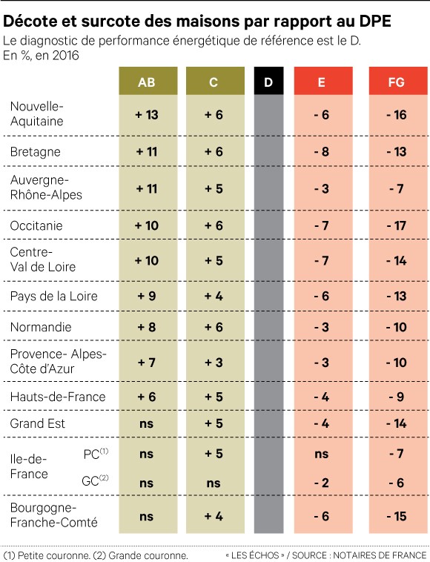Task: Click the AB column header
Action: coord(147,82)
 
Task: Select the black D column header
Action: coord(268,82)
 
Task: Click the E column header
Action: coord(320,82)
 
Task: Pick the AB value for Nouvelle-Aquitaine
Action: coord(147,115)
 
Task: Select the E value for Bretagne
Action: coord(320,151)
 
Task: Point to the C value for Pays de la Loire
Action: coord(214,297)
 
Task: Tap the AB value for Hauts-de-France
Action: coord(147,397)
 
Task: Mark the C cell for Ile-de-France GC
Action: coord(214,483)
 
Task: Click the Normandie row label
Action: coord(41,326)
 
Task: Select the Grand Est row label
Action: coord(38,423)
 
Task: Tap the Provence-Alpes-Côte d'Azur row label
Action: coord(58,361)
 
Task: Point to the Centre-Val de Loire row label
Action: coord(43,259)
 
